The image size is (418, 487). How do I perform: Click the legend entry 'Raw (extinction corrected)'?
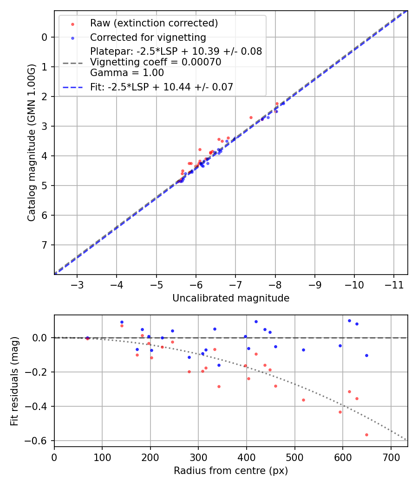pyautogui.click(x=154, y=23)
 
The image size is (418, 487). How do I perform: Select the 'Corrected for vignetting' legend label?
pyautogui.click(x=148, y=37)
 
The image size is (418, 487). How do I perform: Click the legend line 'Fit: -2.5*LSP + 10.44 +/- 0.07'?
pyautogui.click(x=161, y=87)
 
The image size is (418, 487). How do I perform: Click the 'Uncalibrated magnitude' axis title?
pyautogui.click(x=231, y=298)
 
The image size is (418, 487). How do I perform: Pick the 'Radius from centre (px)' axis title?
pyautogui.click(x=231, y=471)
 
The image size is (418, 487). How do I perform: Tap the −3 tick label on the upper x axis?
pyautogui.click(x=77, y=283)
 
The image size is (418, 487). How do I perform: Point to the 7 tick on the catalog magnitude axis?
pyautogui.click(x=45, y=245)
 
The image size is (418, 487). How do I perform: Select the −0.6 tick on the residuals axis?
pyautogui.click(x=39, y=441)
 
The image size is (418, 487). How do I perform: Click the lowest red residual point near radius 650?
pyautogui.click(x=366, y=435)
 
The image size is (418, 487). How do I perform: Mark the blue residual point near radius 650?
pyautogui.click(x=366, y=355)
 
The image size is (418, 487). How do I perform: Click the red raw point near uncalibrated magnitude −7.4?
pyautogui.click(x=251, y=117)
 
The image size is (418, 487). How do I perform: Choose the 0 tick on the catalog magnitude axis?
pyautogui.click(x=45, y=37)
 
